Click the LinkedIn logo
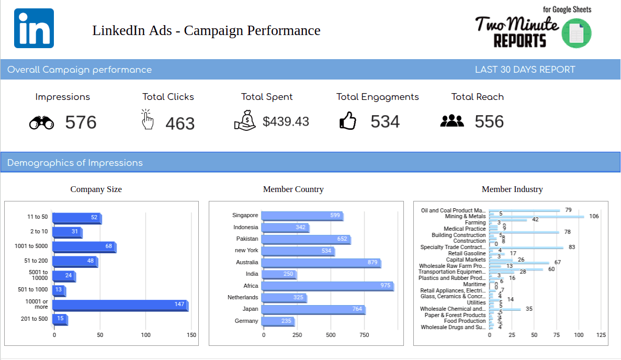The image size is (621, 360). [x=34, y=28]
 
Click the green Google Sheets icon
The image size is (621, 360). [x=576, y=33]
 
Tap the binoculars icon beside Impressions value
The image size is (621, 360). [x=41, y=123]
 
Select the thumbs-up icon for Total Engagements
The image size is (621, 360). [x=348, y=121]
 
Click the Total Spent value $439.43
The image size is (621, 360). [x=286, y=121]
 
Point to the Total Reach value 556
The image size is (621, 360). [x=489, y=121]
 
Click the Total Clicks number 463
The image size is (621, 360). [x=180, y=123]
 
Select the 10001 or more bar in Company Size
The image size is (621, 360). [x=120, y=306]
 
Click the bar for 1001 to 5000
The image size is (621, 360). [x=84, y=247]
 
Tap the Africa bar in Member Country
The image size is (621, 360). [x=327, y=286]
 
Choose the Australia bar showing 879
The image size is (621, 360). [x=321, y=263]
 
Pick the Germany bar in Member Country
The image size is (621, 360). [x=278, y=321]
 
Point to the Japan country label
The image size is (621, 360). [x=251, y=309]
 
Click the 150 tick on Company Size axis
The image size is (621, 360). [x=191, y=335]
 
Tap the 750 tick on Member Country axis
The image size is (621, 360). [x=364, y=335]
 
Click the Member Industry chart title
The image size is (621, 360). [x=512, y=189]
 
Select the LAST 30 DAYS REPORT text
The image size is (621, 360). [x=525, y=70]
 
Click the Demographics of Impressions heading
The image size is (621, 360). [x=75, y=163]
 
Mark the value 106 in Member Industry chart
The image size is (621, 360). [x=593, y=216]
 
